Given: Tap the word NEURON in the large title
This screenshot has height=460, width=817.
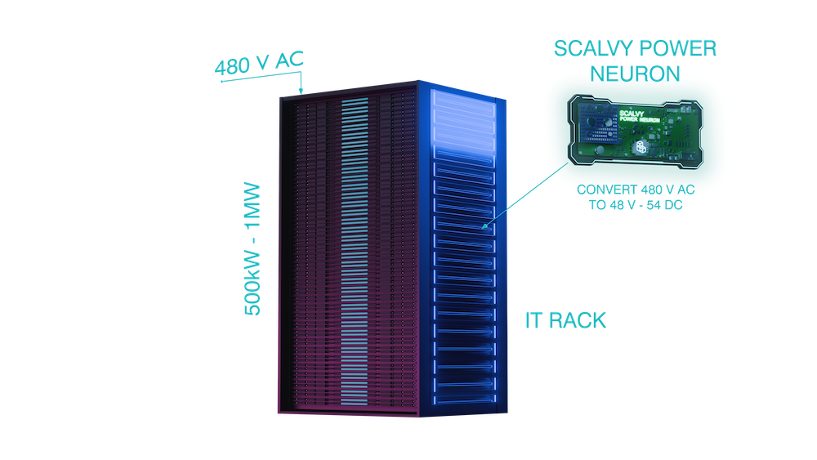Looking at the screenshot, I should [x=635, y=73].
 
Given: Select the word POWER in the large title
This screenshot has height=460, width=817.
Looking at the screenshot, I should [x=679, y=48].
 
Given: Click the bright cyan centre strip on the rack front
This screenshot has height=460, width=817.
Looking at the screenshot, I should [x=355, y=245].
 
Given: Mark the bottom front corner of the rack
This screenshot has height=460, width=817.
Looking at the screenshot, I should [x=419, y=417].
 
